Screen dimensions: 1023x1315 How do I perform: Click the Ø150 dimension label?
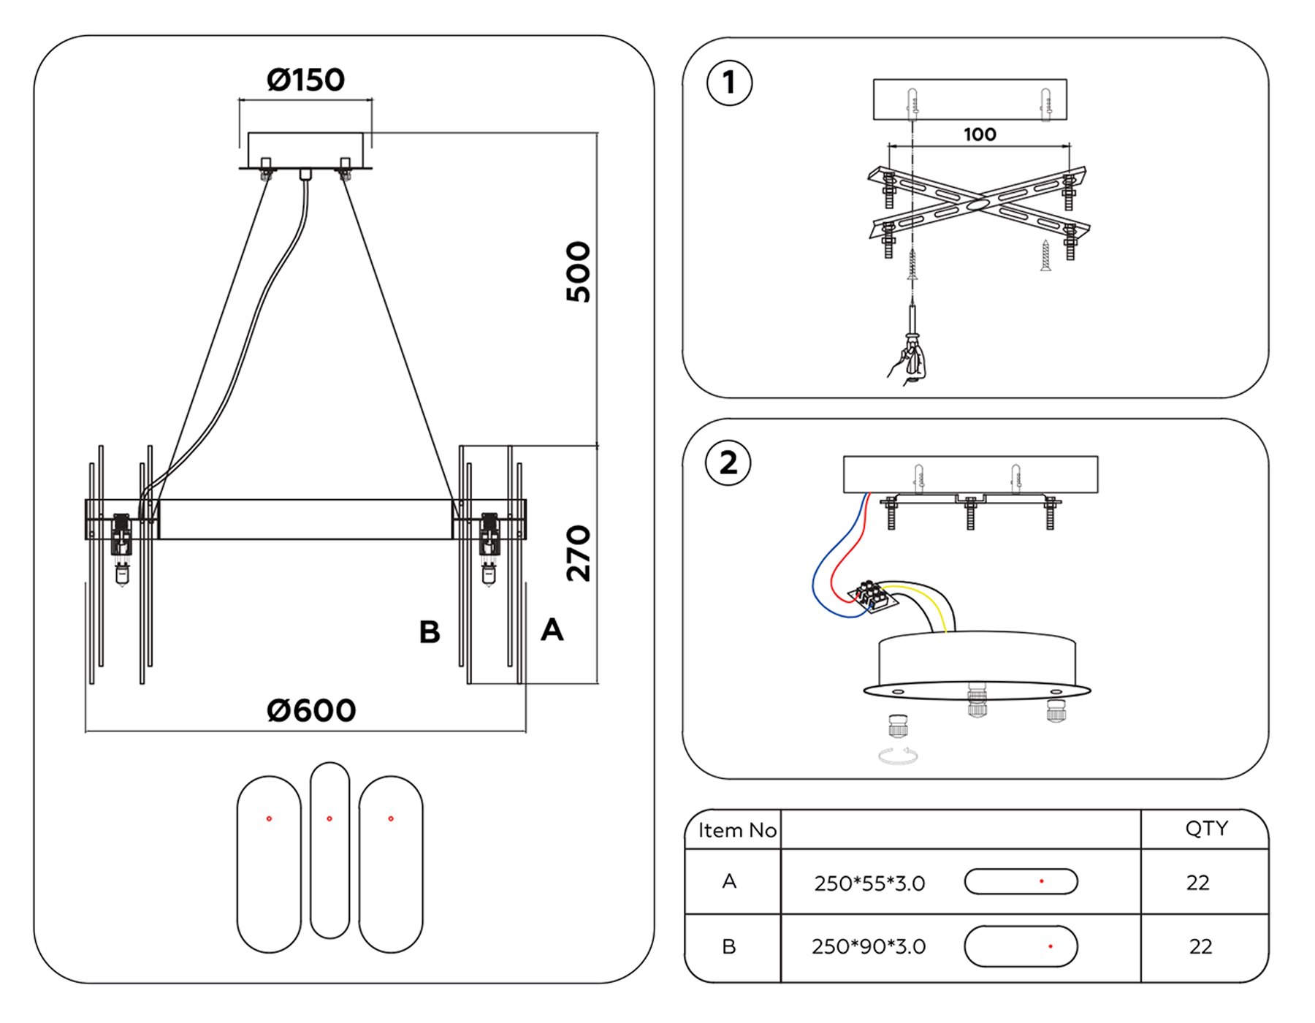305,80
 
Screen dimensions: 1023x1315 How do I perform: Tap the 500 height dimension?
578,272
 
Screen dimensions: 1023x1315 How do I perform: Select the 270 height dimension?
578,553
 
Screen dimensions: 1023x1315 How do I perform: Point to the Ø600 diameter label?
311,710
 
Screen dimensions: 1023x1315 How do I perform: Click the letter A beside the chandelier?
552,630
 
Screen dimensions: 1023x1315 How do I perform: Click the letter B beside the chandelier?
430,632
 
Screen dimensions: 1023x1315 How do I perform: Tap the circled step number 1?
729,83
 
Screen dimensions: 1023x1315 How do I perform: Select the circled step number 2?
728,463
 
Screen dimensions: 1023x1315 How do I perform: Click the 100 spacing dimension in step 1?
979,134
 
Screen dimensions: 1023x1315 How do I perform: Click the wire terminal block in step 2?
871,596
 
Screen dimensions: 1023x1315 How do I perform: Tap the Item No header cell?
736,830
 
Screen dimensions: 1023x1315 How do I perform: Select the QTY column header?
1206,828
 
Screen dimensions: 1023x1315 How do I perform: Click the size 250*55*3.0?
869,883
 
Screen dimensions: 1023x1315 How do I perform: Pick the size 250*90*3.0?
869,947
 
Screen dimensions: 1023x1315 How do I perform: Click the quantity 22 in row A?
1197,883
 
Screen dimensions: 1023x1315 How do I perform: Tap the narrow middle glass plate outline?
329,850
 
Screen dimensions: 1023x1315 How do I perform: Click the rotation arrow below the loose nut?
898,756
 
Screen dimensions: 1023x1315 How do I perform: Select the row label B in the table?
728,947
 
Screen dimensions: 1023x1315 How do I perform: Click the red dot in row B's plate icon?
1051,946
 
